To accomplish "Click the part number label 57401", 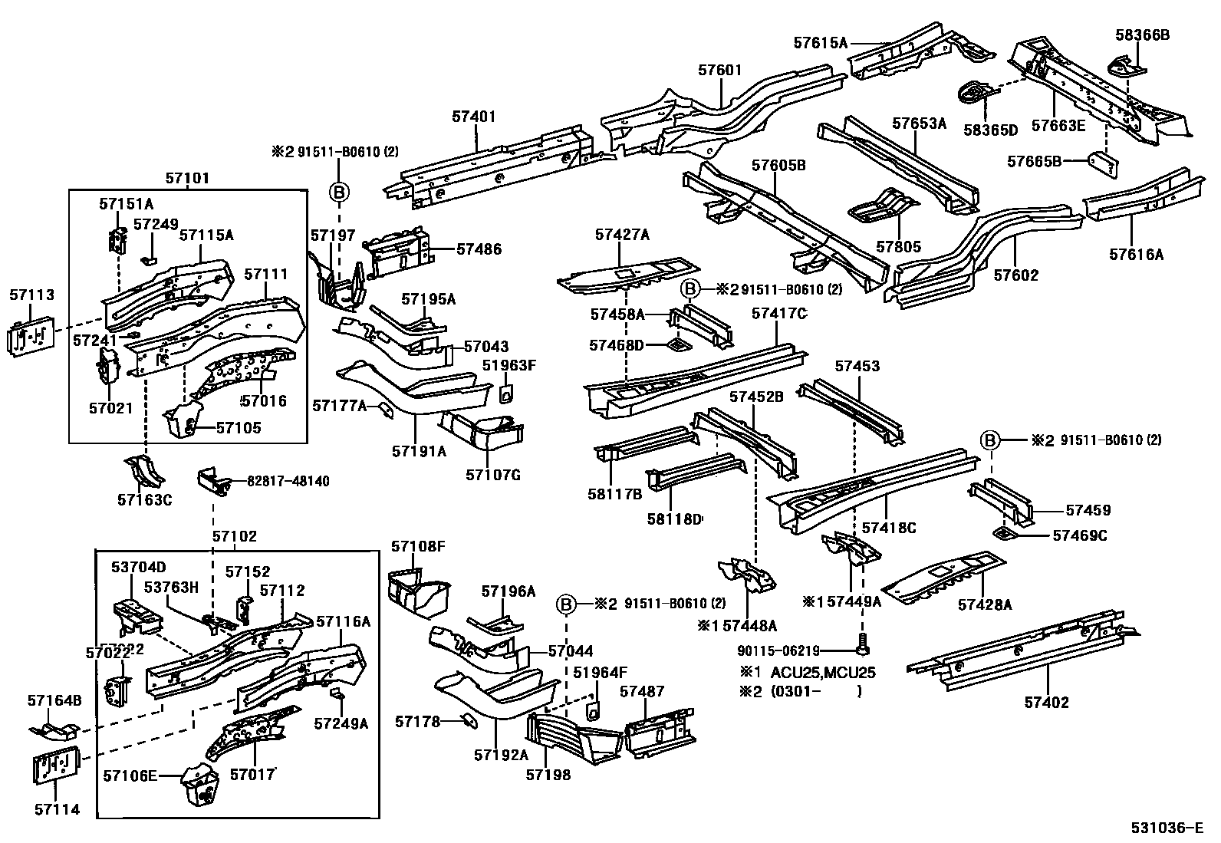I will (x=473, y=117).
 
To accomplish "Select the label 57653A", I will (x=920, y=123).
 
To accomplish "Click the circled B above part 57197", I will (x=339, y=191).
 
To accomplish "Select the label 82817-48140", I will (x=288, y=481).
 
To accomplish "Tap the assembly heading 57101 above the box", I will (x=186, y=178).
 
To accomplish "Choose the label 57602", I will (x=1015, y=275).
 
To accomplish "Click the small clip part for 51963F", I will (x=507, y=393).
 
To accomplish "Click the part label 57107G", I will (x=492, y=475).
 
